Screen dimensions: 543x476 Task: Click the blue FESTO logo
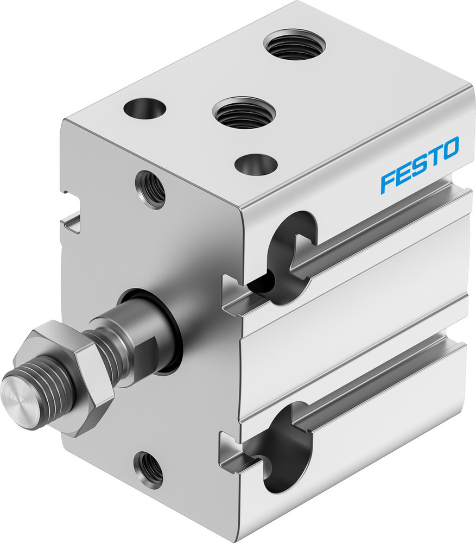tap(420, 165)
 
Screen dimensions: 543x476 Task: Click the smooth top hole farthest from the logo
tap(144, 109)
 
